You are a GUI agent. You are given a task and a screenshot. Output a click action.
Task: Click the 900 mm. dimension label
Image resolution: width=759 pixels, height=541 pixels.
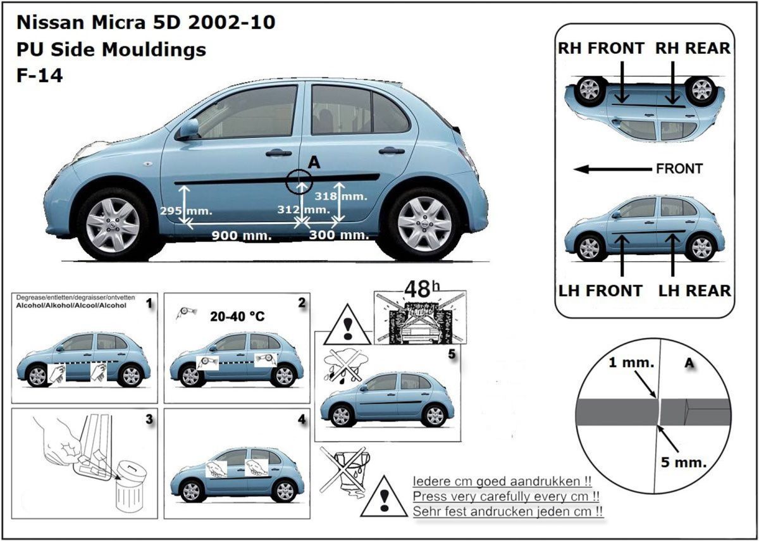tap(241, 235)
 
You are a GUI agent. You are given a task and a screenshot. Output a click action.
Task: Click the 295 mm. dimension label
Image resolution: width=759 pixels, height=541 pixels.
tap(193, 210)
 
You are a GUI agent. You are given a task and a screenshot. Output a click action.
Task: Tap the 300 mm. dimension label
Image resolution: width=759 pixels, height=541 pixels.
tap(338, 235)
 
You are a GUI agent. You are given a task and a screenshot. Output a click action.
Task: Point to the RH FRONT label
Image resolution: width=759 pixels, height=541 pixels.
tap(600, 48)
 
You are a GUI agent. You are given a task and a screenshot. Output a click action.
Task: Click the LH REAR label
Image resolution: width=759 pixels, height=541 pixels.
tap(694, 290)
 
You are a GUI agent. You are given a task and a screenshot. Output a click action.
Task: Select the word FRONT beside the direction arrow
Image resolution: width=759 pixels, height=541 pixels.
tap(679, 169)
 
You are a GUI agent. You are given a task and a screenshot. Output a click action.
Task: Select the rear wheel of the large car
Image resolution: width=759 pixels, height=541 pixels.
tap(424, 223)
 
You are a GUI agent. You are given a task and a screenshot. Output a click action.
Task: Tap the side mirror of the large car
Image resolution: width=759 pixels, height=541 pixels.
tap(188, 129)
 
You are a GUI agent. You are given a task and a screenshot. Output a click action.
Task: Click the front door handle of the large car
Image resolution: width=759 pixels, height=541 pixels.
tap(278, 152)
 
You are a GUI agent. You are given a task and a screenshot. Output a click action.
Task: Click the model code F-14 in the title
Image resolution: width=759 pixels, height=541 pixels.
tap(39, 76)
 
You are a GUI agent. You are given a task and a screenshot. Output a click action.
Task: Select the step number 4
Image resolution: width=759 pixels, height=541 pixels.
tap(302, 419)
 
